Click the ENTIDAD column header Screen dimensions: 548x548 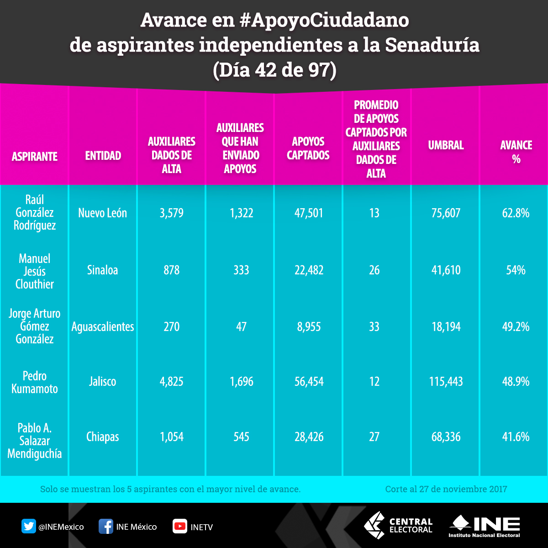click(103, 156)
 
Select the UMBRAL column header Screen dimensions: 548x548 click(446, 146)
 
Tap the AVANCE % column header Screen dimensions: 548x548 click(516, 152)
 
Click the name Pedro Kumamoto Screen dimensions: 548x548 click(35, 382)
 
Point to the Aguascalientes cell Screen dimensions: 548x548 click(103, 327)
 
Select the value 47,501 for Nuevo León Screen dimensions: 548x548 click(308, 213)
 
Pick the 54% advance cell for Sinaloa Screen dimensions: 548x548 click(516, 270)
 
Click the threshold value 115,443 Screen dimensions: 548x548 click(446, 382)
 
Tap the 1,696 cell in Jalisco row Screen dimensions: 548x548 click(241, 382)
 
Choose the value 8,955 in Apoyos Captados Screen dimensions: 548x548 click(308, 327)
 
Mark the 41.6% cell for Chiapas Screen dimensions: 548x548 click(516, 437)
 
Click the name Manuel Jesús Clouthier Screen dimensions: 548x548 click(35, 271)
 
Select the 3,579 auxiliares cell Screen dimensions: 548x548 click(172, 213)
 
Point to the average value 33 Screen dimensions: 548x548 click(374, 327)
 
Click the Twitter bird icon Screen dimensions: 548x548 click(29, 527)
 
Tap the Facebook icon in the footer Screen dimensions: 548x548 click(106, 527)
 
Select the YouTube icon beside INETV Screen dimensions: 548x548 click(179, 527)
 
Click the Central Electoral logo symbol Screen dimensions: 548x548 click(374, 525)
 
